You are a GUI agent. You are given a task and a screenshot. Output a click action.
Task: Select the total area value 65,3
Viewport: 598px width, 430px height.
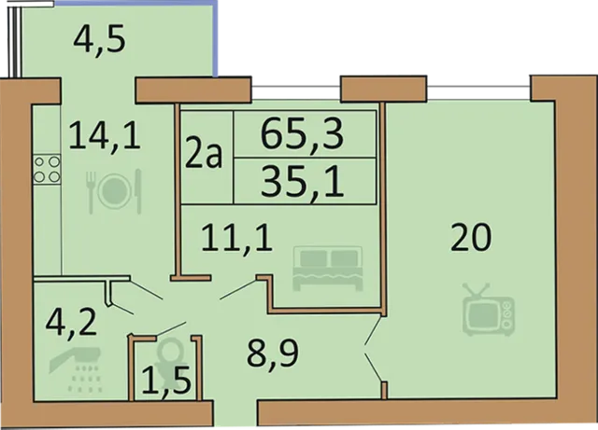click(x=303, y=136)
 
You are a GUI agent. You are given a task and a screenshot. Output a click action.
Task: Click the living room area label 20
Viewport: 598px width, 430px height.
click(x=471, y=240)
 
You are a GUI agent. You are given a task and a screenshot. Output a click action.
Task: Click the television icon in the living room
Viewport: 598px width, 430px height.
click(x=491, y=311)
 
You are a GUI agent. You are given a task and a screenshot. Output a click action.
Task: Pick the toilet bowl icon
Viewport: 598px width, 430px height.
click(x=170, y=354)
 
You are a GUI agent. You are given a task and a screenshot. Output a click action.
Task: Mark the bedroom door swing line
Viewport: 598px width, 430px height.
click(x=241, y=290)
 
